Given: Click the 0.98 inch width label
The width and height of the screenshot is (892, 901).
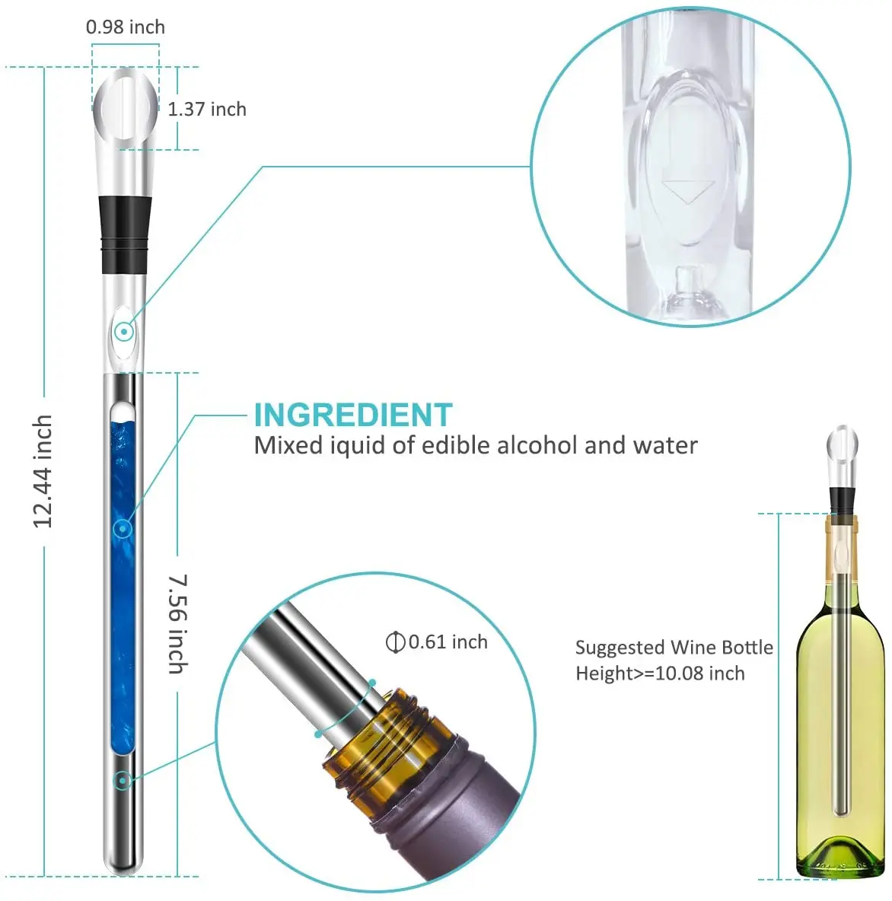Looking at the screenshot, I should pos(125,27).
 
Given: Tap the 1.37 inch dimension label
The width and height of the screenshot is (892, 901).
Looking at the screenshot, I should pos(207,110).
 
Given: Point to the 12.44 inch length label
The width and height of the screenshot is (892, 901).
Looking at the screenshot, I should pos(43,472).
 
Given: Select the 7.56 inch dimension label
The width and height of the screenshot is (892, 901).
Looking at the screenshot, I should pos(177,624).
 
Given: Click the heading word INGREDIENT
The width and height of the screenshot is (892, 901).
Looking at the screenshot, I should pos(353,415).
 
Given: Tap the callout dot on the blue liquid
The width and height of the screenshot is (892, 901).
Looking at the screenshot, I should pos(123,528).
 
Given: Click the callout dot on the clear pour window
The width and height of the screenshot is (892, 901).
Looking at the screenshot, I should pos(124,332).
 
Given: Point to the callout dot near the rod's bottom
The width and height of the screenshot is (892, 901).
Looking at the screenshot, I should pos(122,779).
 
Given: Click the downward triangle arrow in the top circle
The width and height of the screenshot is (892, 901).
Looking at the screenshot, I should pos(688,189).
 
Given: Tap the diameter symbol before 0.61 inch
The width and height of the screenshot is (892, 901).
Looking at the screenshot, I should pos(394,642).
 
